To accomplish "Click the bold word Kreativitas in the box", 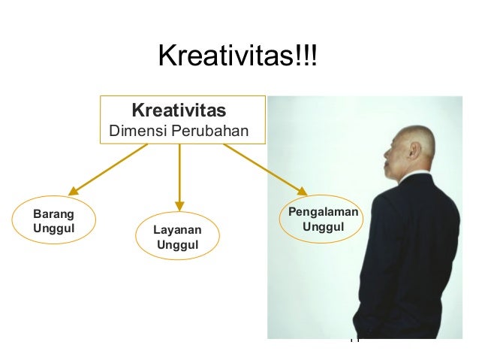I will click(179, 112).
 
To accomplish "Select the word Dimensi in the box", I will click(135, 132).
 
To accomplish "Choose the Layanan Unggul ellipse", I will click(178, 237).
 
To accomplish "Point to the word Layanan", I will click(178, 229).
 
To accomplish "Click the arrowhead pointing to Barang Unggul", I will click(73, 192).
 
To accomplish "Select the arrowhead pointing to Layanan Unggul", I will click(179, 204).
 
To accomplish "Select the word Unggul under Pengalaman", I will click(323, 227).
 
